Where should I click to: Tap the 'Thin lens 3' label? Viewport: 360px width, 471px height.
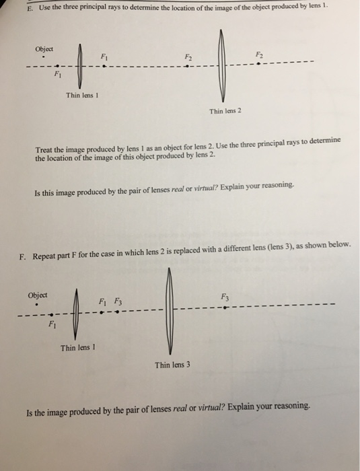pos(172,365)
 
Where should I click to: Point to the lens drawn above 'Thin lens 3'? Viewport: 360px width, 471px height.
pos(172,310)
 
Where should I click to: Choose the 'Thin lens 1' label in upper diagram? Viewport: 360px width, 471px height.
pos(83,95)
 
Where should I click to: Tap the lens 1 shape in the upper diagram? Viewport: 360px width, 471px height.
pos(80,66)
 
